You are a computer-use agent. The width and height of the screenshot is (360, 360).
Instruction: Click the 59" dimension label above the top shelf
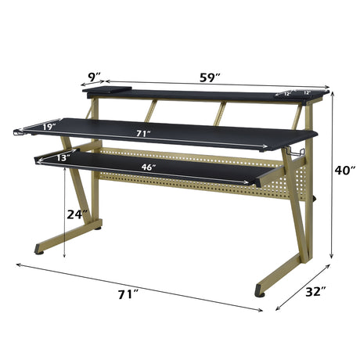coord(209,77)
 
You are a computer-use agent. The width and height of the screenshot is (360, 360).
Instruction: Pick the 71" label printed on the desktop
coord(142,134)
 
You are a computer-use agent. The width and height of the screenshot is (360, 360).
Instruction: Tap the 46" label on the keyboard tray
coord(148,167)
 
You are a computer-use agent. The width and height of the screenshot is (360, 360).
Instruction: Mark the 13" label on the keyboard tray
coord(63,158)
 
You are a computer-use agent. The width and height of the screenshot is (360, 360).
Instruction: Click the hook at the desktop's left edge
coord(16,136)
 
